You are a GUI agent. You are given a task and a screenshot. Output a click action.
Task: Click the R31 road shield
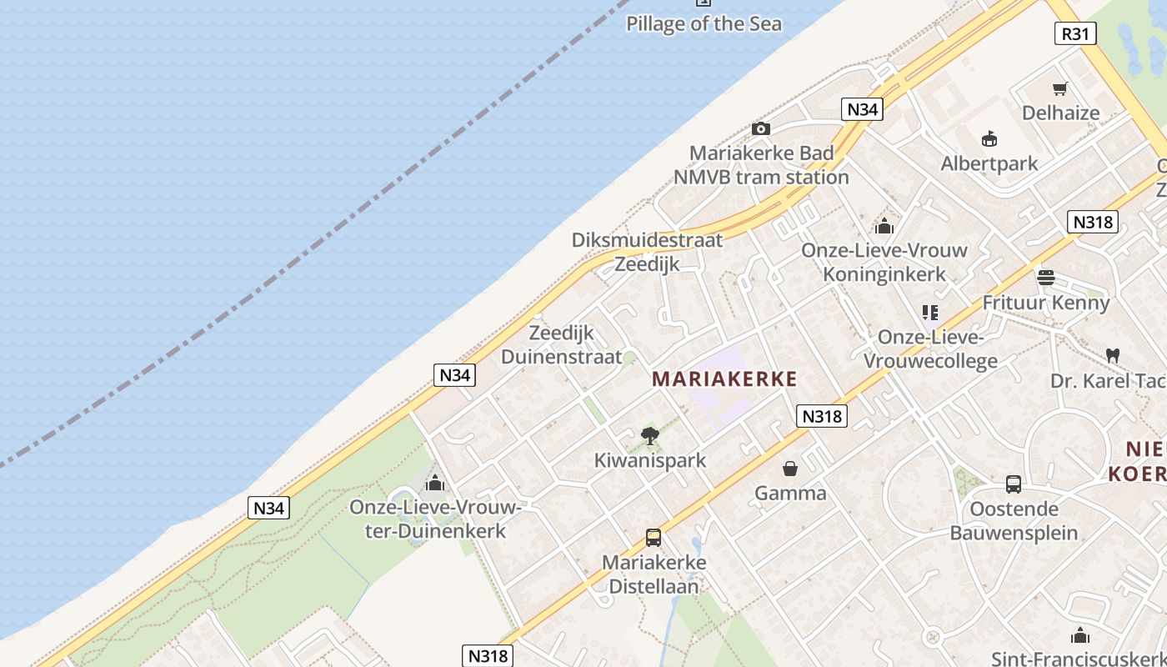pyautogui.click(x=1075, y=33)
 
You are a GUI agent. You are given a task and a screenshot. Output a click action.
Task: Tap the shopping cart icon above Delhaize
pyautogui.click(x=1060, y=88)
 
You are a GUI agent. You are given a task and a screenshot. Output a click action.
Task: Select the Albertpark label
pyautogui.click(x=989, y=163)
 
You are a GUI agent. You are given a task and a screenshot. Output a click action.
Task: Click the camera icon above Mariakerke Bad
pyautogui.click(x=760, y=128)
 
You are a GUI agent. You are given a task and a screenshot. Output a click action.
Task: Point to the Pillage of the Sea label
pyautogui.click(x=704, y=23)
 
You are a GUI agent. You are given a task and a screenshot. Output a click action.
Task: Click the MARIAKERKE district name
pyautogui.click(x=724, y=379)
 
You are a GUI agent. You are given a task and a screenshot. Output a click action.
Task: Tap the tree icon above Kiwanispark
pyautogui.click(x=650, y=434)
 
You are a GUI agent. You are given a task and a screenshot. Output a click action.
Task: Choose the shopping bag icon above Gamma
pyautogui.click(x=789, y=469)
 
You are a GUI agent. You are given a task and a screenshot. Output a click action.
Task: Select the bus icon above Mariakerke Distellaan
pyautogui.click(x=654, y=538)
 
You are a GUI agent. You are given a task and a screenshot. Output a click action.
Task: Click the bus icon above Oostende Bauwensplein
pyautogui.click(x=1014, y=484)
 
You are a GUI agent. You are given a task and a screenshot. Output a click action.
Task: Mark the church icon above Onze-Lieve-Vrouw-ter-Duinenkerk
pyautogui.click(x=434, y=483)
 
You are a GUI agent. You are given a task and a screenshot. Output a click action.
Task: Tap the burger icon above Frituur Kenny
pyautogui.click(x=1046, y=277)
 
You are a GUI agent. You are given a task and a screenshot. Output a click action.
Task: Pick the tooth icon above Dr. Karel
pyautogui.click(x=1111, y=355)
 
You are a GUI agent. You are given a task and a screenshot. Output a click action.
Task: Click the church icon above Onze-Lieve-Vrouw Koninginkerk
pyautogui.click(x=884, y=226)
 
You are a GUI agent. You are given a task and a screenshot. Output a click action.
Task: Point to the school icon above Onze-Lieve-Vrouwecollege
pyautogui.click(x=930, y=313)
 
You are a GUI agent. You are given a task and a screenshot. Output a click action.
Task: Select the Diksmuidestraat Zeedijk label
pyautogui.click(x=647, y=252)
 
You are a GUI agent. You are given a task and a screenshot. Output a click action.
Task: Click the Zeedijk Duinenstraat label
pyautogui.click(x=562, y=345)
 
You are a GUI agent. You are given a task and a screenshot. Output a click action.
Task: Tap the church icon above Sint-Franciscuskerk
pyautogui.click(x=1080, y=635)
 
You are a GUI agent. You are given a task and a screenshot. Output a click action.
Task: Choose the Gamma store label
pyautogui.click(x=790, y=493)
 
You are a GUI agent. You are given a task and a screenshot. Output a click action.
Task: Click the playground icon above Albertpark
pyautogui.click(x=989, y=138)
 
